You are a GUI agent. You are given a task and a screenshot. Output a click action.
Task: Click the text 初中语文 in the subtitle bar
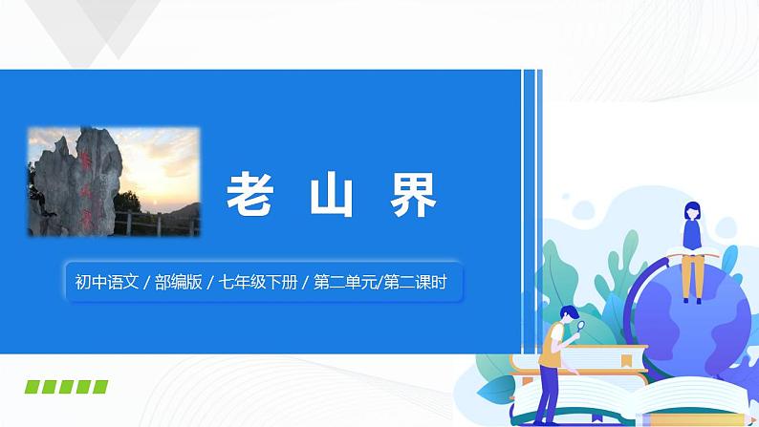tap(105, 282)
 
